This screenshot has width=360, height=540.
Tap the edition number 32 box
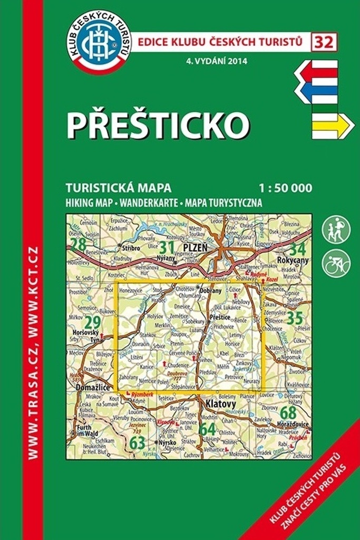click(x=324, y=42)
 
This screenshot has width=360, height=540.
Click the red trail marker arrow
click(x=316, y=70)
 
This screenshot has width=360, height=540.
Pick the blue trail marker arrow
click(x=316, y=90)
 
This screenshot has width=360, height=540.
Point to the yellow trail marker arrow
click(x=332, y=126)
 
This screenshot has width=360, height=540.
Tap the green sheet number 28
click(x=79, y=245)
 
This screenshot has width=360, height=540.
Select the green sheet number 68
click(x=288, y=412)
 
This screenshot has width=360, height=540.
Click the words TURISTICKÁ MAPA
click(x=119, y=188)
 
